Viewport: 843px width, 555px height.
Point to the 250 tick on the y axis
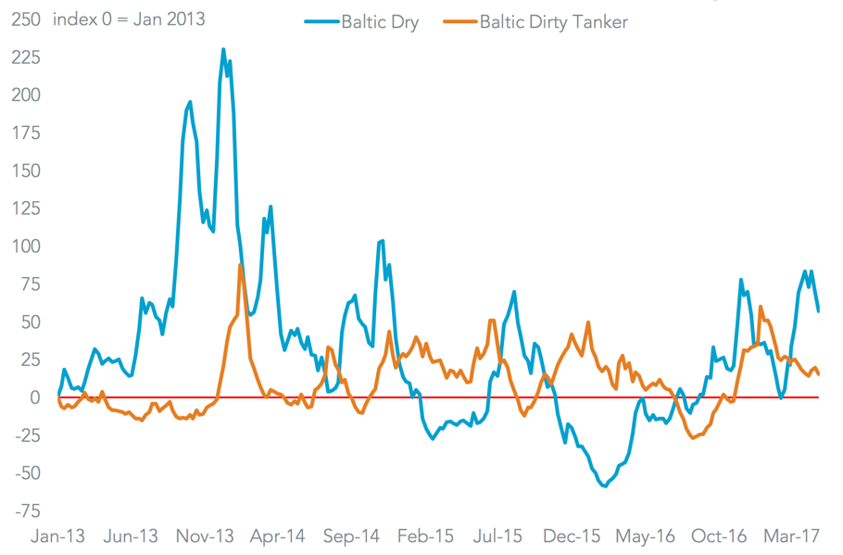tap(24, 19)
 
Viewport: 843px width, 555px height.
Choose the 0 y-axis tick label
tap(34, 397)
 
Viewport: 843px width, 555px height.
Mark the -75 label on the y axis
tap(26, 511)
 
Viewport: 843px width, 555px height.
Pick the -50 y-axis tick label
tap(26, 473)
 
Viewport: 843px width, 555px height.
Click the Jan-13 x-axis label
tap(57, 536)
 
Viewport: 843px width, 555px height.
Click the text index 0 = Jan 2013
tap(130, 19)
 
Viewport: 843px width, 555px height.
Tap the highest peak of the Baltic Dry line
tap(223, 49)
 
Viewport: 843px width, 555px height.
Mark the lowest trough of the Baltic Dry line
tap(605, 486)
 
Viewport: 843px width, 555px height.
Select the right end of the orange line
tap(818, 374)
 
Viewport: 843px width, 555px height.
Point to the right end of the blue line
tap(818, 310)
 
